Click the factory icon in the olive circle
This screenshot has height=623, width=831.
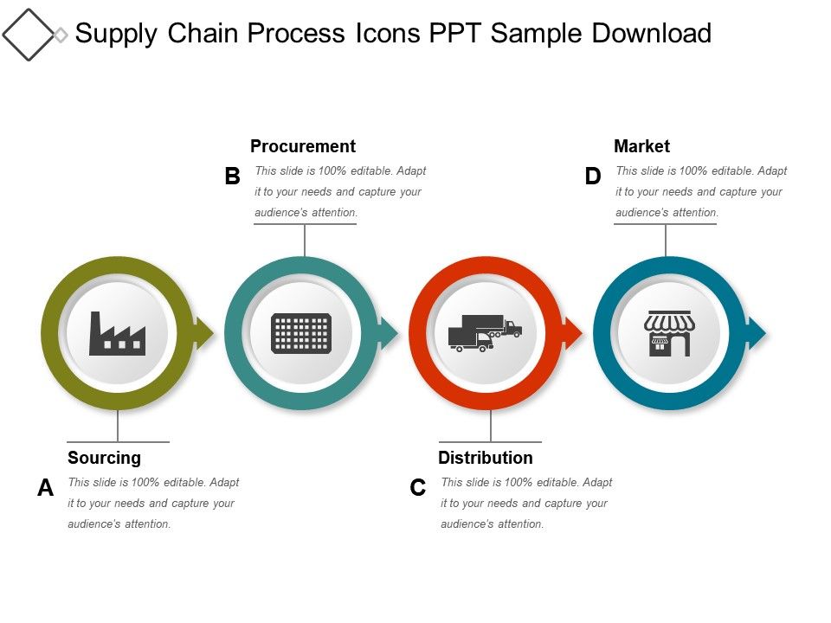point(117,334)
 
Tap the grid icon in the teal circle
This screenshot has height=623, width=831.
point(301,333)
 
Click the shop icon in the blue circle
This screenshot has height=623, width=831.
point(669,334)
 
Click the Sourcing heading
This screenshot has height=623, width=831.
point(104,458)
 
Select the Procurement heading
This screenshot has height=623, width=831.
point(303,146)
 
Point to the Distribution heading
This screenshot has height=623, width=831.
point(486,458)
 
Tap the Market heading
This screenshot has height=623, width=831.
point(641,146)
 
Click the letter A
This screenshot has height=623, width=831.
point(45,488)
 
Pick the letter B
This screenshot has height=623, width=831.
point(232,177)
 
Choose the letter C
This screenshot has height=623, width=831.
point(418,488)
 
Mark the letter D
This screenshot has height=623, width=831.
point(592,177)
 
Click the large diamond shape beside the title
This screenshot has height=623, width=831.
point(28,35)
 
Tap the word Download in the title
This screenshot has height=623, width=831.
point(651,34)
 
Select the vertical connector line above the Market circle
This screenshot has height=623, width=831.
point(666,241)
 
